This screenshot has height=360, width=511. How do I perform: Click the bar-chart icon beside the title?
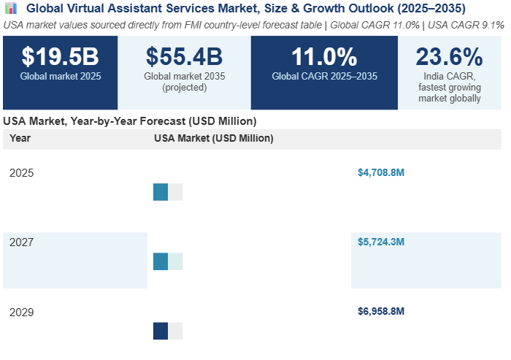10,8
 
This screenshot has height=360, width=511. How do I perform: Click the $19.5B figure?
60,57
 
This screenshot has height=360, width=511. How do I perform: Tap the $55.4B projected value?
184,57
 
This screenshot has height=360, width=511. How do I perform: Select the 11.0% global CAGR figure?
324,57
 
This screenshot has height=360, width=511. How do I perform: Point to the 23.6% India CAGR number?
450,57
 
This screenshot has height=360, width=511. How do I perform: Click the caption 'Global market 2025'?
60,75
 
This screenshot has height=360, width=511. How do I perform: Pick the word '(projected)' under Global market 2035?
184,88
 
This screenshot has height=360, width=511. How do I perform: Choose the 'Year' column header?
20,138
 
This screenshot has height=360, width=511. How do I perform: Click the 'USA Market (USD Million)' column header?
214,138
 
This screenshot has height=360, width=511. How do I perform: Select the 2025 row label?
22,173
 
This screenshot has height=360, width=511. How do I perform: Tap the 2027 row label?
22,242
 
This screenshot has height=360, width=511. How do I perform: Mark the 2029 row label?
22,312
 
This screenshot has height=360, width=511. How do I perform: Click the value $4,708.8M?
381,173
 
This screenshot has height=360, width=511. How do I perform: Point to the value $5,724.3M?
381,242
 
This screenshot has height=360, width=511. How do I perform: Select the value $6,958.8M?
381,312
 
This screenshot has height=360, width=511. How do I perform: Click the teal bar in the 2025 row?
161,192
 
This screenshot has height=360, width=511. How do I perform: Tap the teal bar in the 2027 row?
161,261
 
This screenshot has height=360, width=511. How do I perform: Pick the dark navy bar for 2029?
161,331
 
